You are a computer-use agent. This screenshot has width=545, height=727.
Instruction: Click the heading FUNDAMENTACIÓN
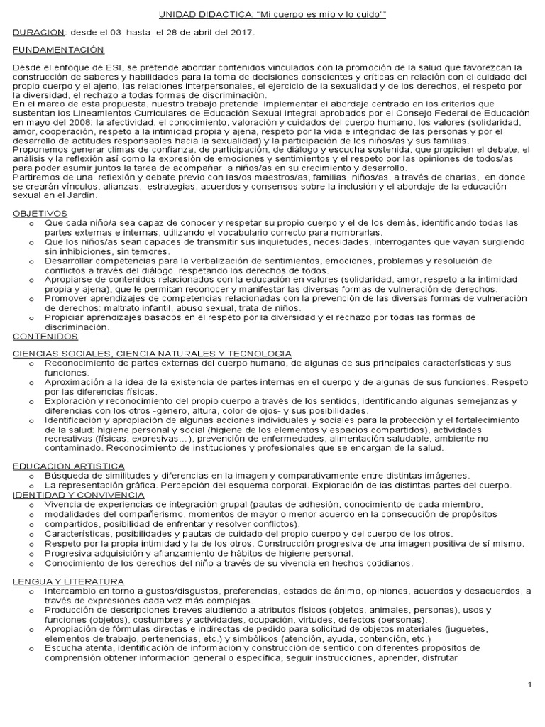click(x=58, y=50)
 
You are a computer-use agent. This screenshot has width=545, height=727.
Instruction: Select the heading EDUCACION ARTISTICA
click(x=69, y=465)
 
